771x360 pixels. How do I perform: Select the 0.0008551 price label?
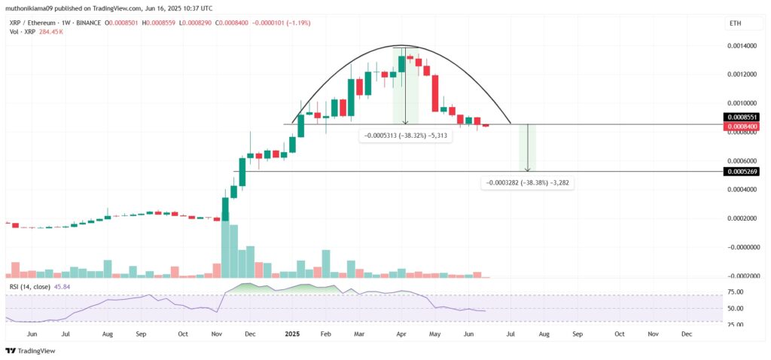click(741, 117)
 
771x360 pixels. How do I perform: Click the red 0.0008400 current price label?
click(741, 127)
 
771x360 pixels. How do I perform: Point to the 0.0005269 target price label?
click(741, 172)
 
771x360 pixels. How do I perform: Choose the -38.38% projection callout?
click(527, 182)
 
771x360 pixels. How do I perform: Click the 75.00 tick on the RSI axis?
click(734, 292)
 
